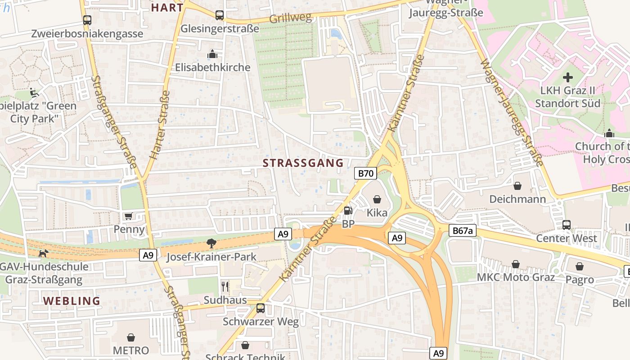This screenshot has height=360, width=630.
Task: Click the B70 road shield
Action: [x=365, y=174]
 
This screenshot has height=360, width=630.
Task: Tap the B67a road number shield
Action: [x=463, y=231]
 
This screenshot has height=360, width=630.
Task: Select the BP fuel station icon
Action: [x=347, y=211]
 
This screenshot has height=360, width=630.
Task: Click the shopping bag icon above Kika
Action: [x=377, y=199]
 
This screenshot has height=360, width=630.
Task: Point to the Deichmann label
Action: [x=517, y=199]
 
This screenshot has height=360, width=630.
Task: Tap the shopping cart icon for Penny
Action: [x=129, y=216]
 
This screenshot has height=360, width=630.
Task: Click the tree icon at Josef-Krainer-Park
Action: [x=211, y=244]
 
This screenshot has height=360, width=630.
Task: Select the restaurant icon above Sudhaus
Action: [x=225, y=286]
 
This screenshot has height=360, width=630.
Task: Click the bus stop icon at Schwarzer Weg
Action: [x=261, y=308]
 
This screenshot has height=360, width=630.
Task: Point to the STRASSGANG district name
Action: [x=303, y=163]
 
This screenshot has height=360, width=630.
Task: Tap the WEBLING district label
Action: [x=72, y=301]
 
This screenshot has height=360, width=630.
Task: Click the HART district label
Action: [x=167, y=8]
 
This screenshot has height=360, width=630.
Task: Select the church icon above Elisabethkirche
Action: [x=212, y=54]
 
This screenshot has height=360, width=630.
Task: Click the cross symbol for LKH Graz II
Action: [x=568, y=77]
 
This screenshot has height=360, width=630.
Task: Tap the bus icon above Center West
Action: [x=567, y=225]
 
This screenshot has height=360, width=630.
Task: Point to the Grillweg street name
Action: [x=290, y=18]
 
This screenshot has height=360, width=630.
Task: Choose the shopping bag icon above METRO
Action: [x=131, y=337]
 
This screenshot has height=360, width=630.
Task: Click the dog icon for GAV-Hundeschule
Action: [x=43, y=254]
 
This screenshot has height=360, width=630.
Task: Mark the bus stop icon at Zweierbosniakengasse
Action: [x=87, y=20]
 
